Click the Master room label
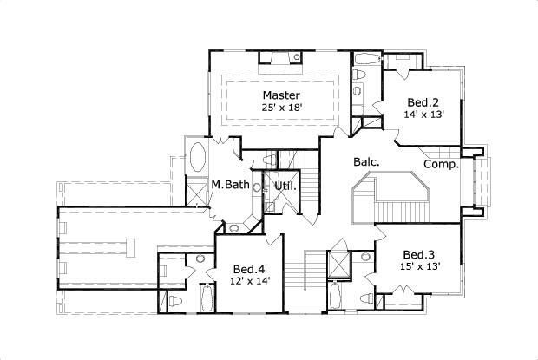(x=281, y=95)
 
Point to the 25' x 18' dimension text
(x=281, y=108)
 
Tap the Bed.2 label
(x=417, y=101)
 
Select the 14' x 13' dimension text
(x=417, y=114)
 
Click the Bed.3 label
(x=417, y=254)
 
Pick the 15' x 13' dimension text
(x=417, y=266)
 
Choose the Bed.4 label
(x=250, y=268)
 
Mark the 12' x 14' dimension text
(x=250, y=280)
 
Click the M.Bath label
(x=231, y=185)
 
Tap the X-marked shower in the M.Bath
(x=197, y=192)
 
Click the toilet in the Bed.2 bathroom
(x=358, y=90)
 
